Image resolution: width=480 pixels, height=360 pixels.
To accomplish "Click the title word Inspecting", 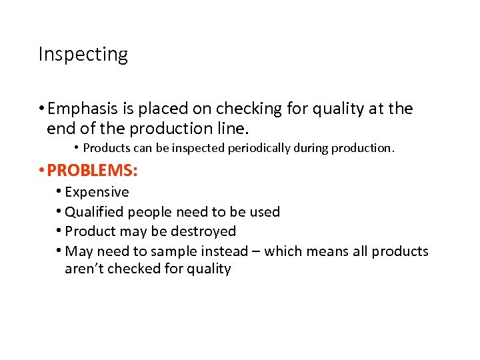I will [x=83, y=54].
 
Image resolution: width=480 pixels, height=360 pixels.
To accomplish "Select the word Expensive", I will [x=97, y=192].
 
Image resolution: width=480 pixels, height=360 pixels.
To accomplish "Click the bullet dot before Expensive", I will [x=59, y=192].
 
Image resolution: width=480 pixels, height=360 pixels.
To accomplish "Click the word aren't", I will [x=81, y=269].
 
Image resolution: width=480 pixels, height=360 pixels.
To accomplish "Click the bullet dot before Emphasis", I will [x=42, y=109].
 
